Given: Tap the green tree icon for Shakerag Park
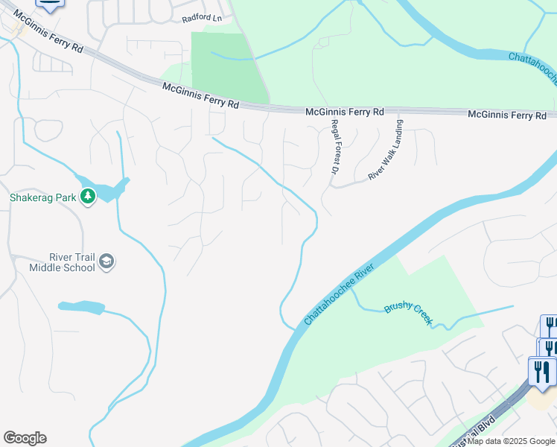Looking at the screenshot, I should [88, 197].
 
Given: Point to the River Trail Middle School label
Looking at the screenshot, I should [62, 261].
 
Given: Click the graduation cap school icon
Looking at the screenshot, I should [106, 261].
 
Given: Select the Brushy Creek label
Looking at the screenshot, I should [408, 312].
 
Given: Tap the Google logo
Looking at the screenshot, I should [25, 438].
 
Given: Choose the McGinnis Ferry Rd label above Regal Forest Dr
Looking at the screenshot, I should [344, 112].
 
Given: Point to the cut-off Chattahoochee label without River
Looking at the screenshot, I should [532, 67].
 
